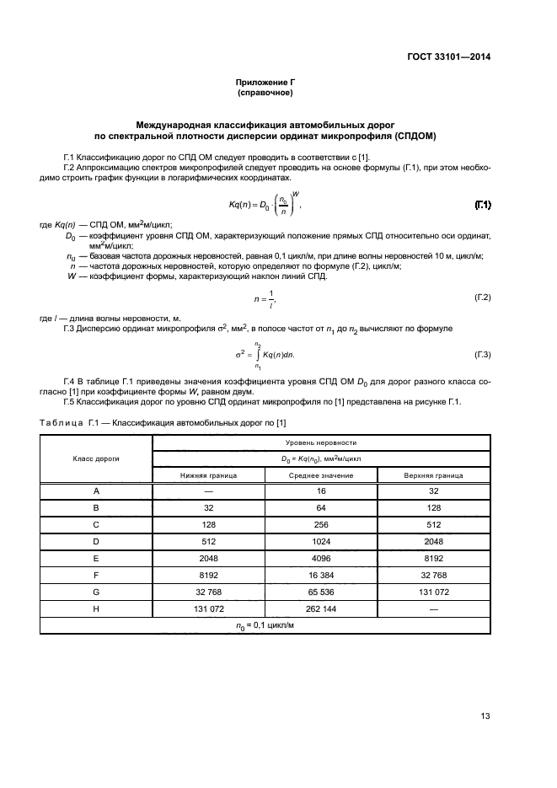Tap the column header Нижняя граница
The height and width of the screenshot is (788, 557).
[x=208, y=475]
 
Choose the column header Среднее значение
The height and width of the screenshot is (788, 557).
[x=321, y=475]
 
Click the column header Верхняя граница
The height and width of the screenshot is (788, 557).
[x=433, y=475]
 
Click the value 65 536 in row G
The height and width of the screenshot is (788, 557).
[x=321, y=592]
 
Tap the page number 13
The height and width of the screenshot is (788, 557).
[x=485, y=716]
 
